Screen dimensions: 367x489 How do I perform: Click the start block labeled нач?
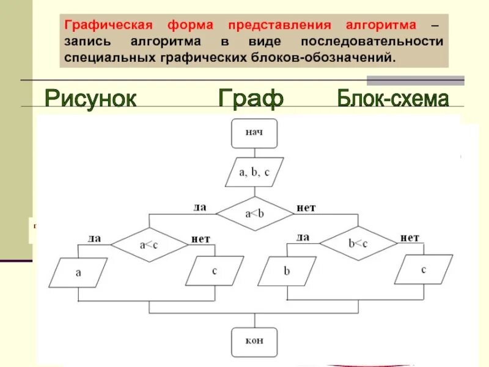pyautogui.click(x=254, y=133)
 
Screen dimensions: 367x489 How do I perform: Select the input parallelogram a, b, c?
pyautogui.click(x=254, y=172)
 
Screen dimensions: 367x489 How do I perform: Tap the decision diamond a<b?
pyautogui.click(x=254, y=214)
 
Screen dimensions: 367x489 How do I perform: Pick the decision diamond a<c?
pyautogui.click(x=149, y=245)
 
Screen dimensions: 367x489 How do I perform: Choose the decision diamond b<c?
pyautogui.click(x=358, y=243)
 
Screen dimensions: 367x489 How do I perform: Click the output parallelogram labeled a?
pyautogui.click(x=78, y=273)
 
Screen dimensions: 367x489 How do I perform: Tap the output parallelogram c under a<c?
pyautogui.click(x=215, y=271)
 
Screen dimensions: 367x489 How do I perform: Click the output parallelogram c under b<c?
pyautogui.click(x=424, y=270)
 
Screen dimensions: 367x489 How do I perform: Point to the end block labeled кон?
pyautogui.click(x=254, y=341)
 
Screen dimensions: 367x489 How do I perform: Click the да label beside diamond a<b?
pyautogui.click(x=200, y=207)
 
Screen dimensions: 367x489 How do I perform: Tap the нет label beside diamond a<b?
pyautogui.click(x=306, y=208)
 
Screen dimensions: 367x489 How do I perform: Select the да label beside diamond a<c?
pyautogui.click(x=94, y=238)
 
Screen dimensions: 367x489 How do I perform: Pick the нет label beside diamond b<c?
pyautogui.click(x=410, y=237)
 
